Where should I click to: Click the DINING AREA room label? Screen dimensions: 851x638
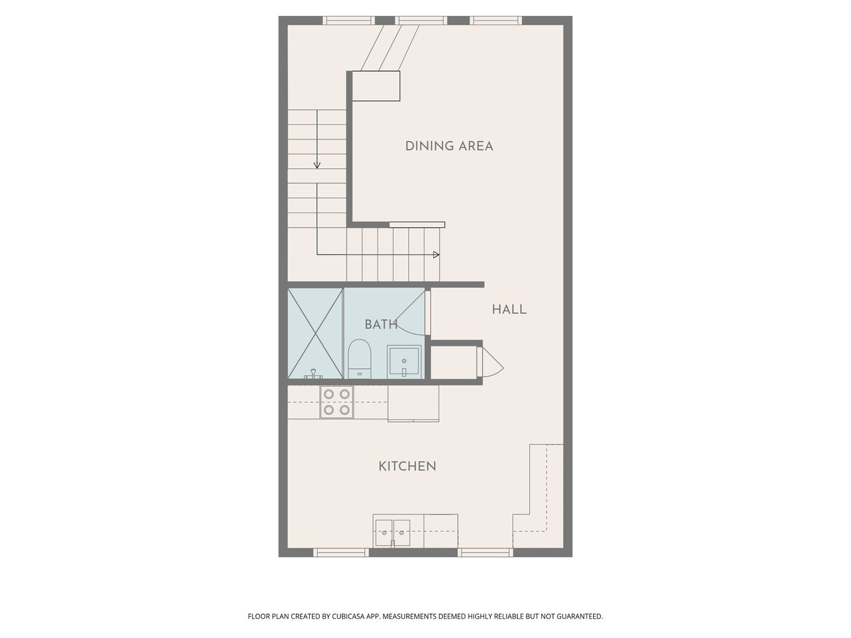449,146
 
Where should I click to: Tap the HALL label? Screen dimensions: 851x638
509,309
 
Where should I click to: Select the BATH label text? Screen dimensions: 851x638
381,324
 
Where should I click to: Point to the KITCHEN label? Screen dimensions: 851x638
407,466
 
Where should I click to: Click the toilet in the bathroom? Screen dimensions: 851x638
360,359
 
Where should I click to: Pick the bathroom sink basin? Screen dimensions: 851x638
404,362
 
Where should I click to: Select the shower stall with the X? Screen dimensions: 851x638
315,333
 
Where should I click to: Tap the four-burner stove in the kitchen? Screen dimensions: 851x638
336,402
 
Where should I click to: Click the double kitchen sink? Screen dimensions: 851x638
392,532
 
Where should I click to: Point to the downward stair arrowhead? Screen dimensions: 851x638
316,165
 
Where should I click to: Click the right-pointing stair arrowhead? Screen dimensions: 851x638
436,255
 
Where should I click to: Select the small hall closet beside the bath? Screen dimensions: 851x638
454,363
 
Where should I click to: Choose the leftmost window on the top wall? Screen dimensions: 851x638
349,21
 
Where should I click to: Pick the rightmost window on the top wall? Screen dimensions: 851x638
495,21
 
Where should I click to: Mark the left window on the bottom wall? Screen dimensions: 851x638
341,552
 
